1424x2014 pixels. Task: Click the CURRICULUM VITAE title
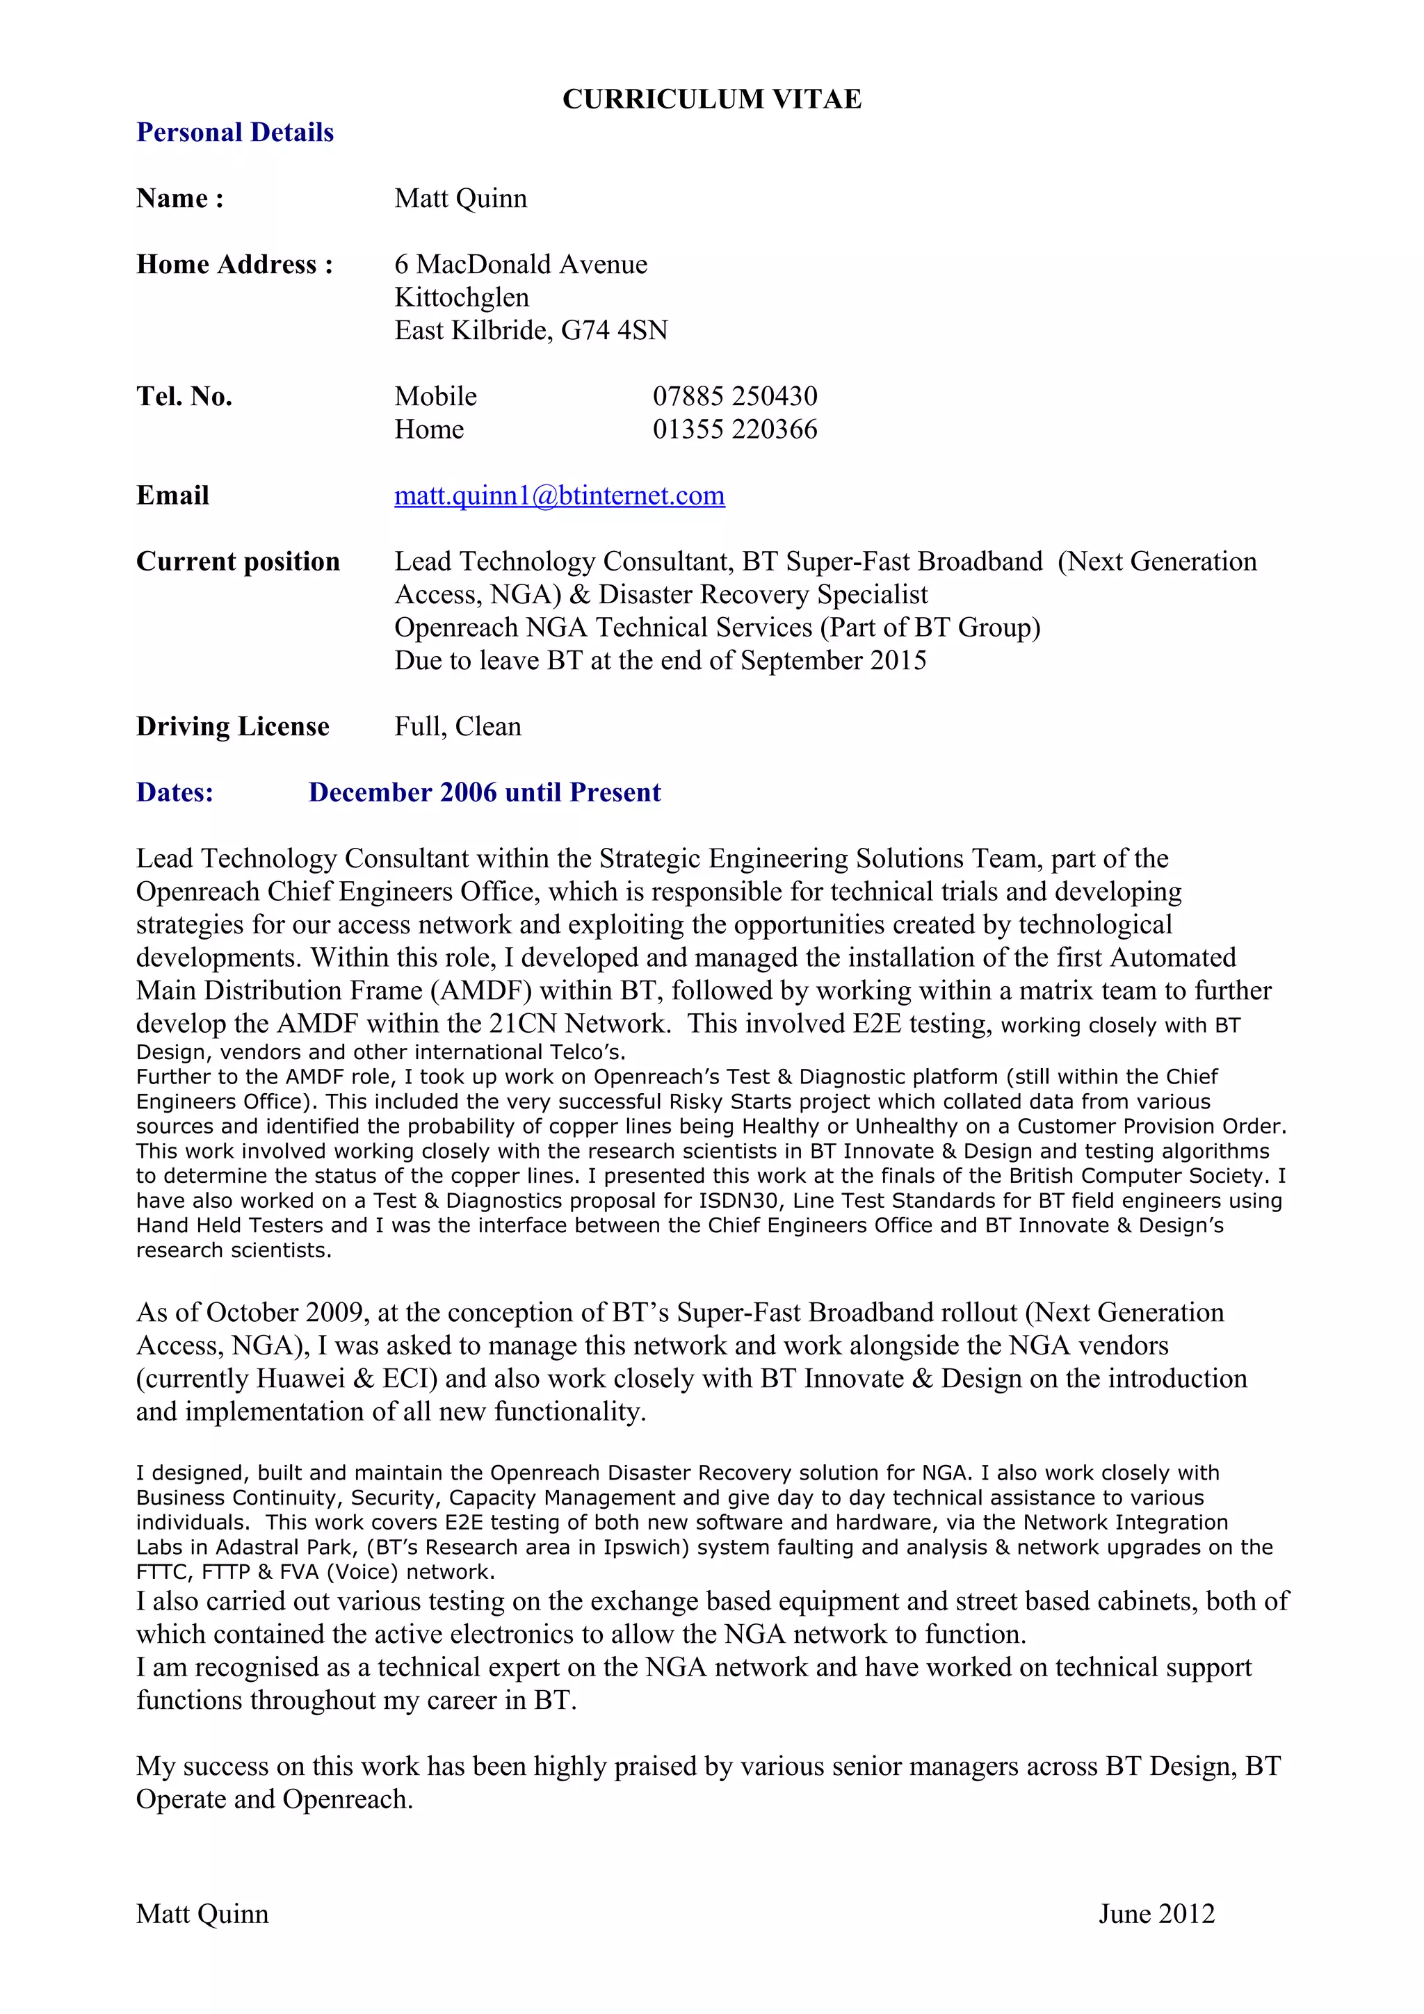[711, 99]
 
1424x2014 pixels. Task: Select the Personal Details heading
[235, 133]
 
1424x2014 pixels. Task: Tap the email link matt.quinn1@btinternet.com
[559, 496]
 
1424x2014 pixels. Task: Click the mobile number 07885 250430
[734, 397]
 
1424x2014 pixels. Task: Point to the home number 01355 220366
[734, 429]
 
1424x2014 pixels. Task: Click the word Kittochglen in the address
[462, 297]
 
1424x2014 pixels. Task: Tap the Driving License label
[232, 726]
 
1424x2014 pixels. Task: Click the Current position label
[238, 562]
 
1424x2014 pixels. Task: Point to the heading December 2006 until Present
[485, 792]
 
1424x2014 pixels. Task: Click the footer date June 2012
[1156, 1913]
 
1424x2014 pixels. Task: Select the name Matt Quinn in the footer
[202, 1913]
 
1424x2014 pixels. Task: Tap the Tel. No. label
[184, 397]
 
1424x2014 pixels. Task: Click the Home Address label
[234, 264]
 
